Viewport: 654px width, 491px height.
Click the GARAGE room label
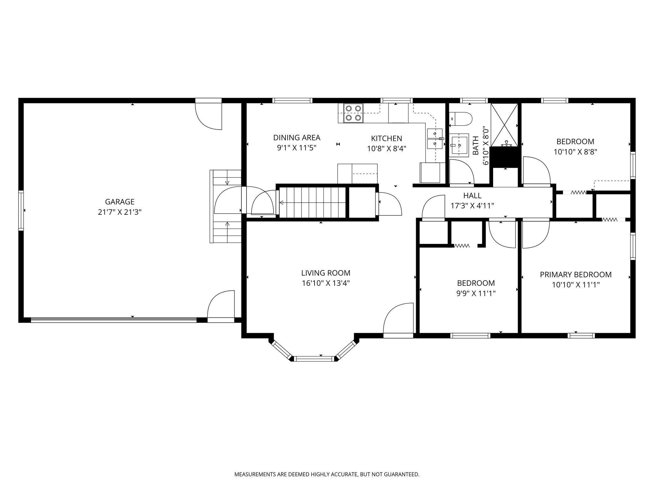(120, 202)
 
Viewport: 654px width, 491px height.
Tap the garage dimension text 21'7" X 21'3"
(120, 212)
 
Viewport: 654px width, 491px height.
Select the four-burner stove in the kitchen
(354, 113)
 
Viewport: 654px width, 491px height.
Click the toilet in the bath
(460, 119)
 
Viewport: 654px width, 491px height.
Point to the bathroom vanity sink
(459, 145)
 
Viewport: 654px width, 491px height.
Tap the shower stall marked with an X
(504, 125)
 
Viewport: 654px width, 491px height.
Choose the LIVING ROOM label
(326, 273)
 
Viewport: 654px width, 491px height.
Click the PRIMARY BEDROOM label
(576, 275)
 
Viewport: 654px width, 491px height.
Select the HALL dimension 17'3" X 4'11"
(472, 206)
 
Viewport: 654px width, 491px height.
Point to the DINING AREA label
(297, 138)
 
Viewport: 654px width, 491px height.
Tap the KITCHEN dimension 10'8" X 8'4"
(386, 149)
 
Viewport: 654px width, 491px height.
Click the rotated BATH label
(476, 146)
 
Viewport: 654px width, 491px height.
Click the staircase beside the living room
(313, 202)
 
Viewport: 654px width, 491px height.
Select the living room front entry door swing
(398, 320)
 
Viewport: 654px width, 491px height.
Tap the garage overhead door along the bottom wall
(114, 320)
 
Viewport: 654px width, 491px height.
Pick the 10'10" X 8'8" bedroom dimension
(575, 152)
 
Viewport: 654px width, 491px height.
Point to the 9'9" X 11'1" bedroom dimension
(476, 293)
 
